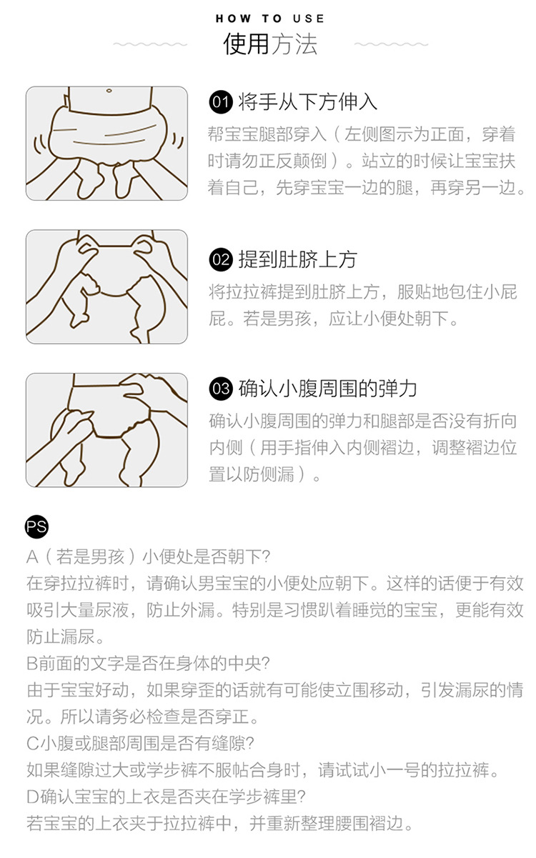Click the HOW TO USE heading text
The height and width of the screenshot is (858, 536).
click(269, 19)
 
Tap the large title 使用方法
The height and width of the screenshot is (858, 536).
click(270, 44)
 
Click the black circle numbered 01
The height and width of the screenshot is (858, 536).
click(221, 102)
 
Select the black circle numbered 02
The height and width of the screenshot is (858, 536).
click(221, 260)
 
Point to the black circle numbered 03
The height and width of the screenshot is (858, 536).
click(221, 389)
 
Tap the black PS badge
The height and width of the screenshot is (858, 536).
click(36, 527)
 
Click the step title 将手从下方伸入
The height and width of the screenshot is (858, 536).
click(308, 102)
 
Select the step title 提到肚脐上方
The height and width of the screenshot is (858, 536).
click(298, 260)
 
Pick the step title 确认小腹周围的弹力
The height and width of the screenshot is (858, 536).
click(328, 389)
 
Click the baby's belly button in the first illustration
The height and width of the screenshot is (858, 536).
click(109, 91)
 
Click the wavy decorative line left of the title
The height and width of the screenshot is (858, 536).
click(150, 44)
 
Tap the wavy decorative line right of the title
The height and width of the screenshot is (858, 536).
click(391, 44)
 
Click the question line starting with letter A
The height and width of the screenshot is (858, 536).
click(148, 557)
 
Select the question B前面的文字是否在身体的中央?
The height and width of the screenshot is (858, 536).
click(148, 664)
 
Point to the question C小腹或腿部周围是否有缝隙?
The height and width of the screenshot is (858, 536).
click(140, 744)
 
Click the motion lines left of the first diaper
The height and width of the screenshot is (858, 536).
click(40, 143)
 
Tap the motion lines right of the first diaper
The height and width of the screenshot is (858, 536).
click(177, 141)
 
